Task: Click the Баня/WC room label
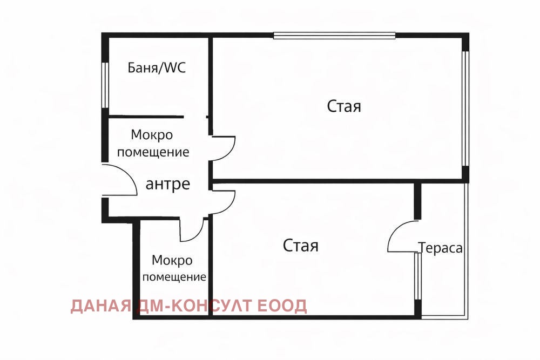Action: (157, 67)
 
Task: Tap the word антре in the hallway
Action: (168, 184)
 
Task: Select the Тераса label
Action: (441, 247)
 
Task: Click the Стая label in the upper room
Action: (344, 106)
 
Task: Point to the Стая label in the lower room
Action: (301, 246)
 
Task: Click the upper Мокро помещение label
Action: (153, 143)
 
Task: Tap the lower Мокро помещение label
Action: (174, 268)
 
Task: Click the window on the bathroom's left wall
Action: (105, 85)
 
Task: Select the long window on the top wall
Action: (334, 36)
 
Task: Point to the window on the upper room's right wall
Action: (465, 108)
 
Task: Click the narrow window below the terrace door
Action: (417, 276)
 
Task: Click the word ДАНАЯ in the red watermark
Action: (101, 306)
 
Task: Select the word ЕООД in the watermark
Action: (282, 306)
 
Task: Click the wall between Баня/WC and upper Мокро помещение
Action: (146, 117)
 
